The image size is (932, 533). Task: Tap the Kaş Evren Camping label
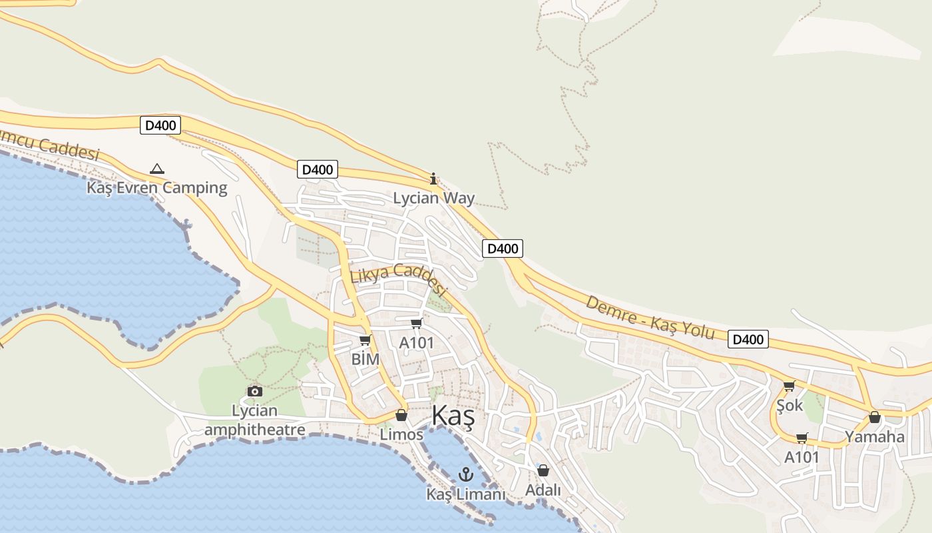(157, 187)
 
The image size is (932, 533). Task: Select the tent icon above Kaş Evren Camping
(157, 169)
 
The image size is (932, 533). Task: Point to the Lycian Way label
(433, 198)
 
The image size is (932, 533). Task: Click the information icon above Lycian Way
(433, 179)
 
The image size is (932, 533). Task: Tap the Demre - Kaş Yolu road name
(650, 318)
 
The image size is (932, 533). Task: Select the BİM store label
(365, 360)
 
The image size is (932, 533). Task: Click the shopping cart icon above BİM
(365, 340)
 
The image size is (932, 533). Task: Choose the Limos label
(401, 434)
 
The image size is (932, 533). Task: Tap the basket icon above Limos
(401, 415)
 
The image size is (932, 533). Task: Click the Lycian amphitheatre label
(254, 420)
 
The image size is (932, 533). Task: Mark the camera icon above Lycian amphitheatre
(254, 391)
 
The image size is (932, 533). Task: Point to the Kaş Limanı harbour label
(466, 494)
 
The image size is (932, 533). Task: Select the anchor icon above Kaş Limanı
(466, 474)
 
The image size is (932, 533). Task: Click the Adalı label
(543, 490)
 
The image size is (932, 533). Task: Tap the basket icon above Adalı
(543, 470)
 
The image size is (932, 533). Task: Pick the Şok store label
(790, 405)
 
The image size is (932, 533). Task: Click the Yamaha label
(875, 437)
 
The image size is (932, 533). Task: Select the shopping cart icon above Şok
(790, 386)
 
